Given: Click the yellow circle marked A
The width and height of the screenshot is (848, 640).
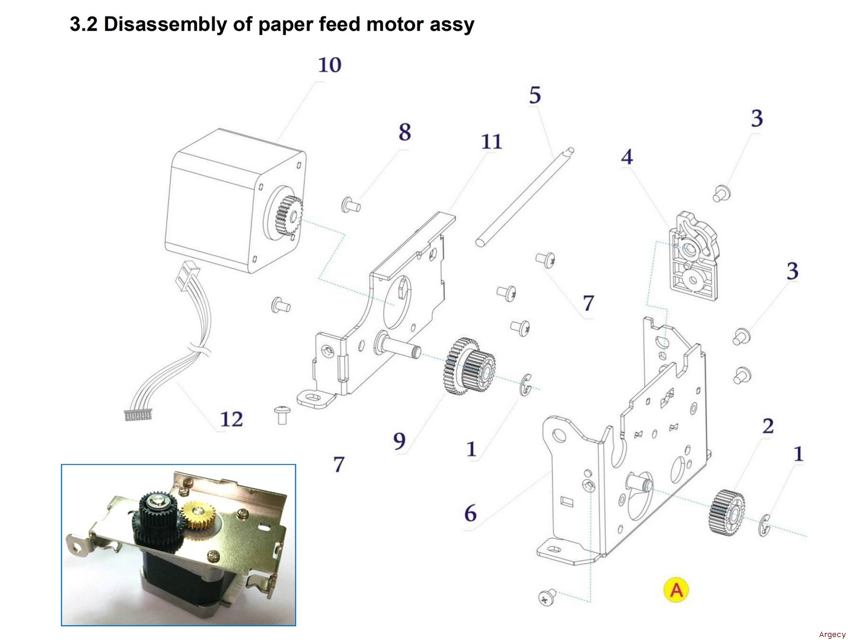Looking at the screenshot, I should click(x=676, y=590).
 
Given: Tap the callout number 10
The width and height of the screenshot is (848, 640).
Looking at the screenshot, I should click(x=330, y=65).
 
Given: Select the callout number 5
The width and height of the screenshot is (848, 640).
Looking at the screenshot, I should click(x=535, y=95).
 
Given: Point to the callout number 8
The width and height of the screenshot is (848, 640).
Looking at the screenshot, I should click(x=404, y=132).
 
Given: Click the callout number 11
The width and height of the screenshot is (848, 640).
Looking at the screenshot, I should click(x=491, y=142).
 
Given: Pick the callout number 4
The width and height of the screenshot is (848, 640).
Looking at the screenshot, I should click(x=627, y=157).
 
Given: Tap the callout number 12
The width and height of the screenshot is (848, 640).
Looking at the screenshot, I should click(x=231, y=419).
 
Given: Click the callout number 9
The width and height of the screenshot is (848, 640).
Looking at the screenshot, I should click(x=399, y=441).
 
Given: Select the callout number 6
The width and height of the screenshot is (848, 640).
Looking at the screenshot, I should click(x=470, y=513).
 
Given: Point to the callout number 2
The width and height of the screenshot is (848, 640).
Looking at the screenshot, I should click(x=768, y=425).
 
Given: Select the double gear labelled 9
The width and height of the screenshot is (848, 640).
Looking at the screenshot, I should click(x=469, y=366).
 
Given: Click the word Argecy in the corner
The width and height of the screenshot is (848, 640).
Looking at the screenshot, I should click(x=832, y=635).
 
